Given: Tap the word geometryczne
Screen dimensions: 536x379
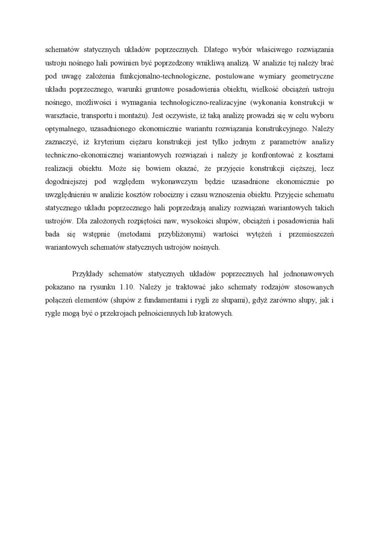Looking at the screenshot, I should (x=313, y=76).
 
